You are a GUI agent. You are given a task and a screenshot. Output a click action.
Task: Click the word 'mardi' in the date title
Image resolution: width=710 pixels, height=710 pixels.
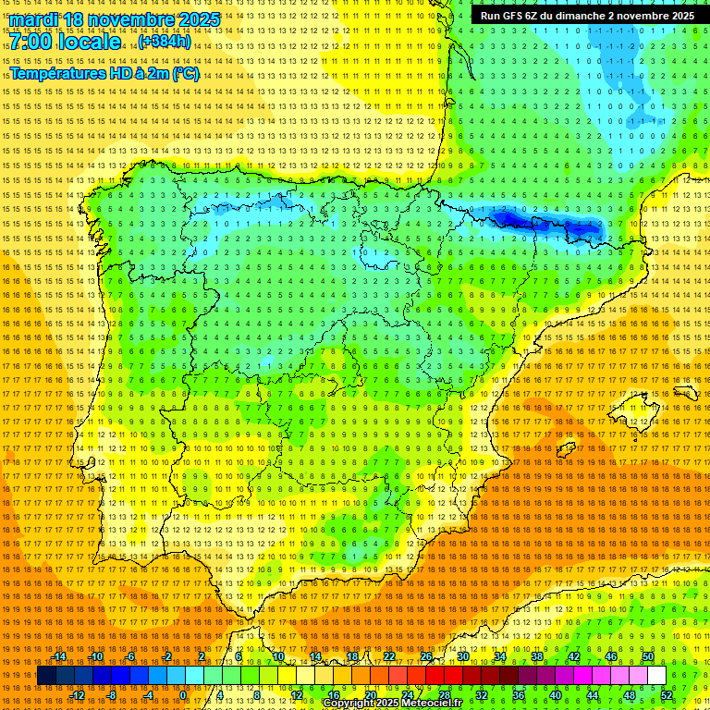pos(34,19)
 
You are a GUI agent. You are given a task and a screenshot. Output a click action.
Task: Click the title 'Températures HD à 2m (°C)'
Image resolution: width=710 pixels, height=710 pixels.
pos(104,73)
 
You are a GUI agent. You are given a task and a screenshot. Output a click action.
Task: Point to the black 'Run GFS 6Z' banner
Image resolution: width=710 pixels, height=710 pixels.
pos(587,16)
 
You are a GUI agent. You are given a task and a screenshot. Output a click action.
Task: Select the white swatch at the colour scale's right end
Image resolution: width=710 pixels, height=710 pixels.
pos(656,676)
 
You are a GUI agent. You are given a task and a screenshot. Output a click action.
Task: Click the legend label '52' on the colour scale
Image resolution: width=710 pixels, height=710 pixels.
pos(667,694)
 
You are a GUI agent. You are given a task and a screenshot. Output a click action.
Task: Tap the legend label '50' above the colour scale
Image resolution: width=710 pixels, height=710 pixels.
pos(648,656)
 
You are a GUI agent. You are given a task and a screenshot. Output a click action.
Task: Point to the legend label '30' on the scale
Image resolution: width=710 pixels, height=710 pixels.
pos(463,656)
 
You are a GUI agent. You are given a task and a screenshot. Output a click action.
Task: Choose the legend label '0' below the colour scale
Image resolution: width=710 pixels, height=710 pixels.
pos(184,694)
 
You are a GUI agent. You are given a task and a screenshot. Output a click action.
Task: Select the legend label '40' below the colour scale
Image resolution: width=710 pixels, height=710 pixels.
pos(556,694)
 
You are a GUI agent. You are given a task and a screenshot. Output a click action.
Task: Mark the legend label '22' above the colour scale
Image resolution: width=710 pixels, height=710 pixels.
pos(389,656)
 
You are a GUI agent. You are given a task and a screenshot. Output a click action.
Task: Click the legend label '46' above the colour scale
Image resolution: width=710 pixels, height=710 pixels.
pos(611,656)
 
